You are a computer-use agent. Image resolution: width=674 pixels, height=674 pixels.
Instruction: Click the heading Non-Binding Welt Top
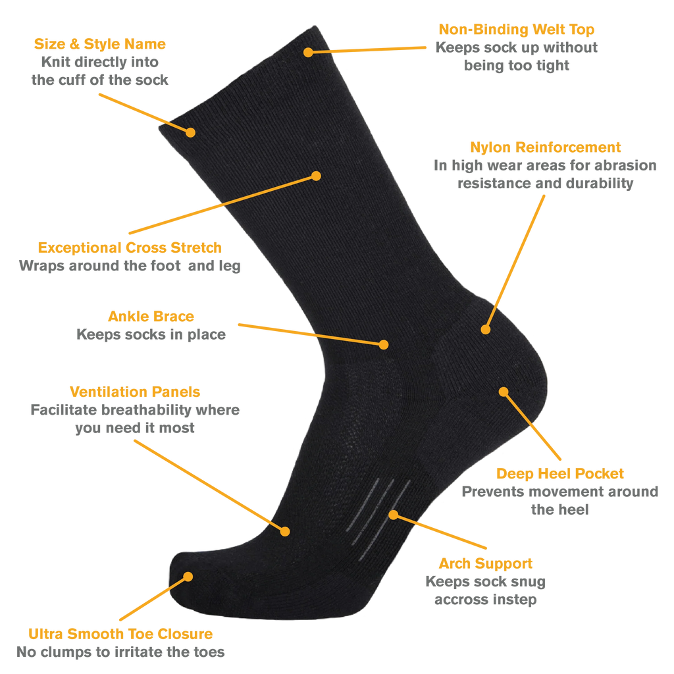(516, 29)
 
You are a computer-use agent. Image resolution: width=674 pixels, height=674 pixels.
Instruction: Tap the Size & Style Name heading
(100, 44)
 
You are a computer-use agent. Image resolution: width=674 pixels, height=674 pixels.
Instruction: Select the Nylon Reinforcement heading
(545, 147)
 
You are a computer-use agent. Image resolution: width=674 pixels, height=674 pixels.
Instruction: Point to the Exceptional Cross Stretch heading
(130, 247)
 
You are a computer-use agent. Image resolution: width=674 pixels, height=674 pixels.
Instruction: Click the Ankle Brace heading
(151, 317)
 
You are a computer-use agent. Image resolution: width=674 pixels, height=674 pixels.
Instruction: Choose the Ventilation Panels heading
(135, 392)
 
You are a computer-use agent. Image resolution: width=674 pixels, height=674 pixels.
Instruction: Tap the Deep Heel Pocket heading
(559, 473)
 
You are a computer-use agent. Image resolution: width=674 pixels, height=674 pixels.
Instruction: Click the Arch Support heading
(485, 563)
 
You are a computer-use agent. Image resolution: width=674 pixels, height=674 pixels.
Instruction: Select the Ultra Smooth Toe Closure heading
(120, 634)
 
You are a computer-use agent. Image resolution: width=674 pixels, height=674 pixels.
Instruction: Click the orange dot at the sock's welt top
(308, 53)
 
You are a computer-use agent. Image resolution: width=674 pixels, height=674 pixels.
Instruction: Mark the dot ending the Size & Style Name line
(190, 132)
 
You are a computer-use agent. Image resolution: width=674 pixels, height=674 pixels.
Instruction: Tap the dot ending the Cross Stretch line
(316, 176)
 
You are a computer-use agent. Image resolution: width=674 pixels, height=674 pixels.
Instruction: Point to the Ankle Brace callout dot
(384, 345)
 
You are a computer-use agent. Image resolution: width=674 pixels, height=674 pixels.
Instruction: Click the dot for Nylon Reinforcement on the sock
(486, 330)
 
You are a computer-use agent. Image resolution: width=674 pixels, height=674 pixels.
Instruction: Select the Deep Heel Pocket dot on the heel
(504, 392)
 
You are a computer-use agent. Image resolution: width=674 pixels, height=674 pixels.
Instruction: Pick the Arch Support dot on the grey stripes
(394, 515)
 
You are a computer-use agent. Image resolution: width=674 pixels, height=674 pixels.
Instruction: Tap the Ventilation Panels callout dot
(285, 532)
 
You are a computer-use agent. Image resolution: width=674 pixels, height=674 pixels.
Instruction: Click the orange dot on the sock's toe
(188, 577)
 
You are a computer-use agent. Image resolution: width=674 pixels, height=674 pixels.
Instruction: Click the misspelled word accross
(459, 599)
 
